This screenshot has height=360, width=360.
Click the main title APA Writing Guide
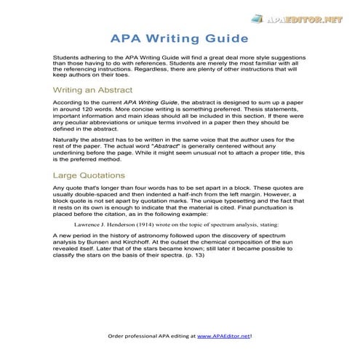pos(180,37)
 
